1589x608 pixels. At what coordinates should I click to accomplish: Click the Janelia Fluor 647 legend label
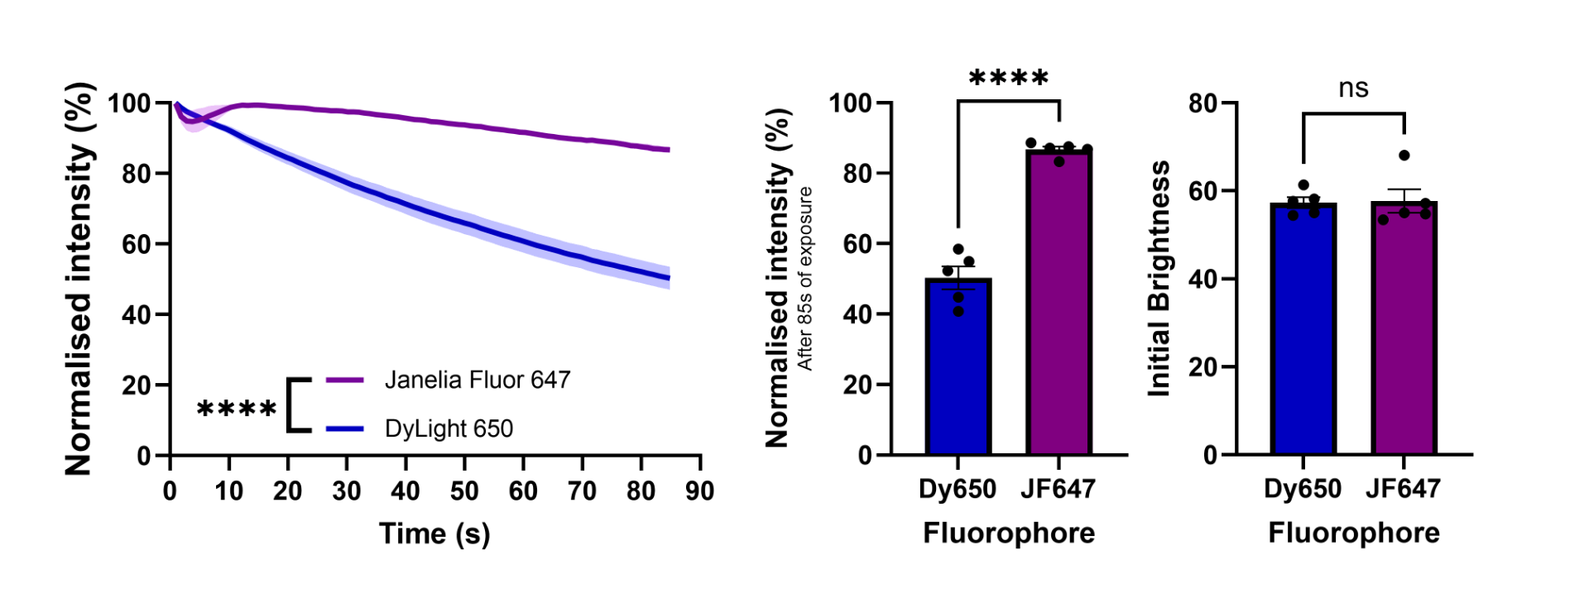pyautogui.click(x=478, y=380)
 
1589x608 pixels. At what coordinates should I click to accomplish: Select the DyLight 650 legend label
pyautogui.click(x=449, y=428)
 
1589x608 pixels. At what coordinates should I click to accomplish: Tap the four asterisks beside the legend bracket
pyautogui.click(x=237, y=409)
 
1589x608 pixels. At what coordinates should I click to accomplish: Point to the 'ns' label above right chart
pyautogui.click(x=1353, y=88)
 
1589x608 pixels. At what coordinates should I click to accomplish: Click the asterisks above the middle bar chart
pyautogui.click(x=1008, y=79)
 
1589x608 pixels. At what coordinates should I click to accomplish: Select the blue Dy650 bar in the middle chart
pyautogui.click(x=958, y=372)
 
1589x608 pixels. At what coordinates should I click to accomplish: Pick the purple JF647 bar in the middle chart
pyautogui.click(x=1059, y=306)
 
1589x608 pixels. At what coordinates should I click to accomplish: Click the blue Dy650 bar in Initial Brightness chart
pyautogui.click(x=1303, y=331)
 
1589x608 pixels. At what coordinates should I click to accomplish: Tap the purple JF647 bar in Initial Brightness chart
pyautogui.click(x=1404, y=331)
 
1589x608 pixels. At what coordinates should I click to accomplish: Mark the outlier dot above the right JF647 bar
pyautogui.click(x=1404, y=156)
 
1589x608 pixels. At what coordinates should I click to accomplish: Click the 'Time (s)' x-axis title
pyautogui.click(x=434, y=534)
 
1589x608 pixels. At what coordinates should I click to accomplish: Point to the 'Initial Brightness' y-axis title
pyautogui.click(x=1159, y=279)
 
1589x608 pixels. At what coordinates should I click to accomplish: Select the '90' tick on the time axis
pyautogui.click(x=699, y=491)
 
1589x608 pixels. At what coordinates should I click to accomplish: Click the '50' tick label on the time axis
pyautogui.click(x=464, y=491)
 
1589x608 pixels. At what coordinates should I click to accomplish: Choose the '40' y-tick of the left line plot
pyautogui.click(x=137, y=315)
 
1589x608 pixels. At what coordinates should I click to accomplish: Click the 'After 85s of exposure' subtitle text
pyautogui.click(x=805, y=279)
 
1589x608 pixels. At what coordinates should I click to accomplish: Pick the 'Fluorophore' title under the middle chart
pyautogui.click(x=1008, y=533)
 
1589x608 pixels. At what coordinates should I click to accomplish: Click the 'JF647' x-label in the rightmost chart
pyautogui.click(x=1403, y=489)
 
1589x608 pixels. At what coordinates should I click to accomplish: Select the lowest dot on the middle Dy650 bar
pyautogui.click(x=958, y=311)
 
